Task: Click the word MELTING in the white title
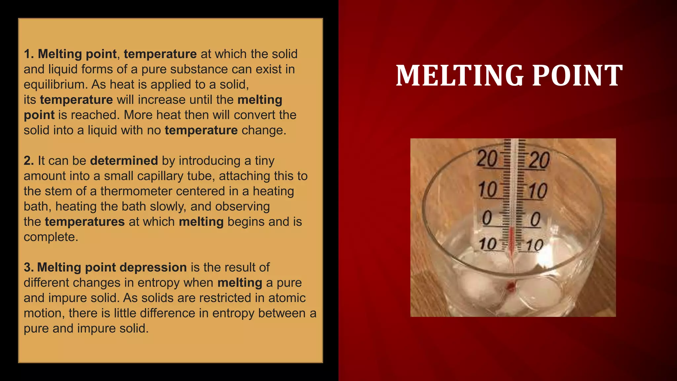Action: tap(460, 76)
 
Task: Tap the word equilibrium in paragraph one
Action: tap(55, 85)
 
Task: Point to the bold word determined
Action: tap(124, 161)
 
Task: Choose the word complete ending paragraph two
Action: tap(51, 237)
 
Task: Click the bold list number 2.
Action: tap(28, 161)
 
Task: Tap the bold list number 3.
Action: tap(28, 267)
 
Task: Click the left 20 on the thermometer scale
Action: tap(487, 159)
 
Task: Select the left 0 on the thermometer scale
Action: tap(487, 218)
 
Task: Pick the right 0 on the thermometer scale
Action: tap(535, 219)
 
